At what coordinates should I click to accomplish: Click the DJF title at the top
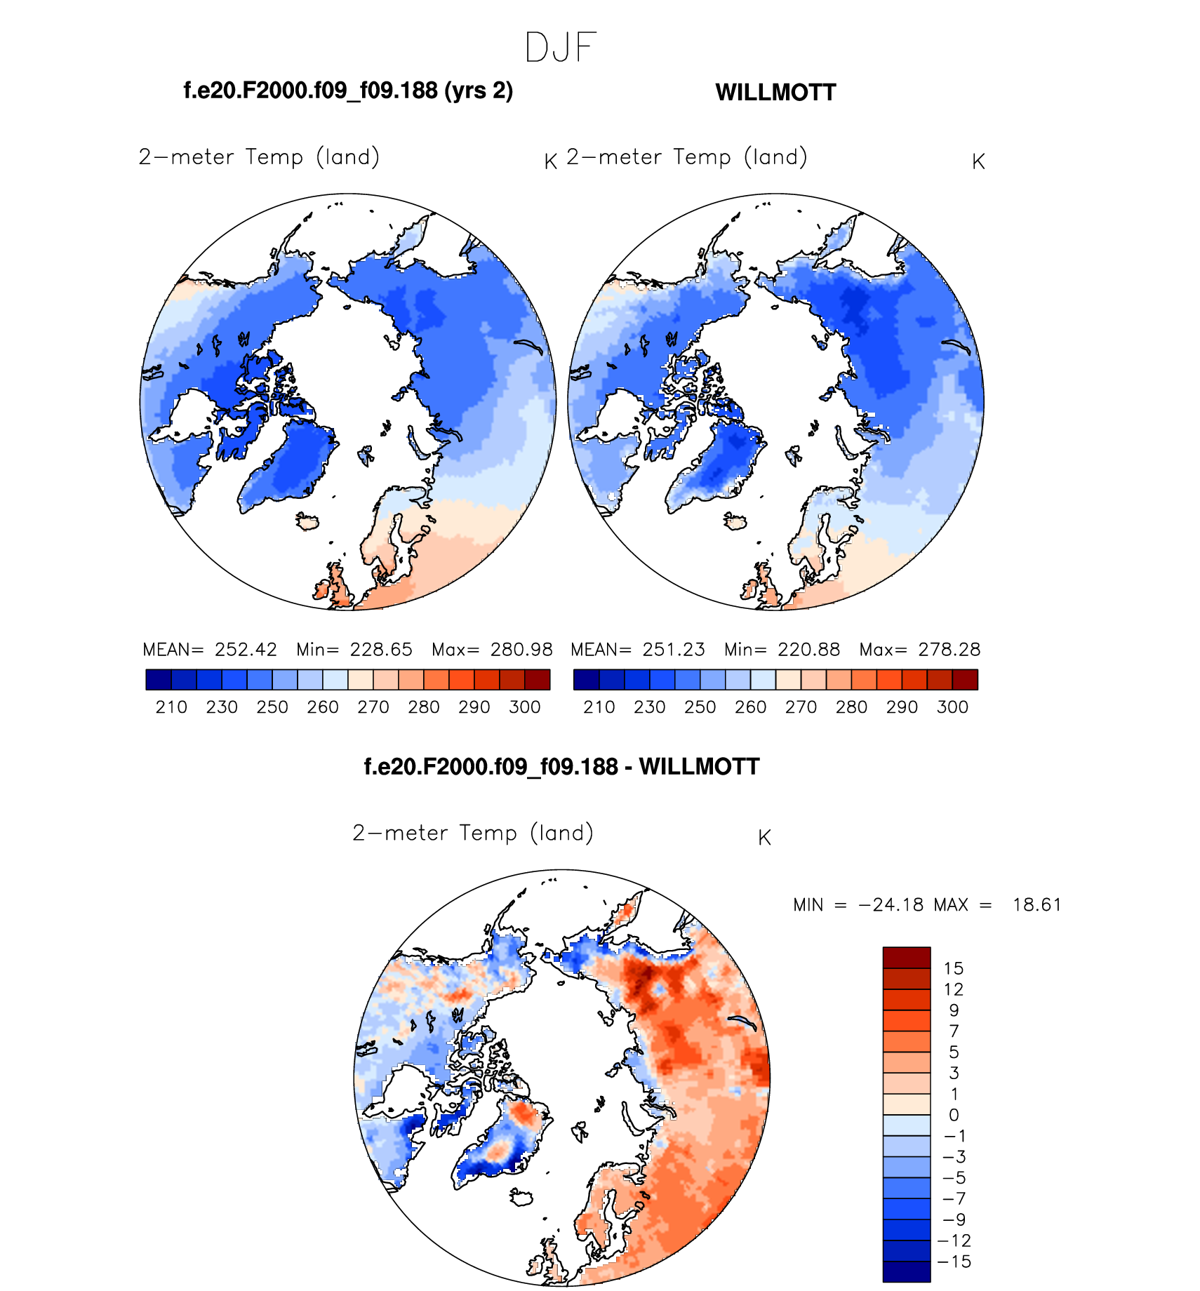point(560,48)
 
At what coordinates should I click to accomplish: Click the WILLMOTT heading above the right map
point(775,93)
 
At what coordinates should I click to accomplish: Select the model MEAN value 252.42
point(246,650)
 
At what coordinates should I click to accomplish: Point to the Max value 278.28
point(949,650)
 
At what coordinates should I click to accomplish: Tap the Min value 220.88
point(808,650)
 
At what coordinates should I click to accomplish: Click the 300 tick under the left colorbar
point(525,707)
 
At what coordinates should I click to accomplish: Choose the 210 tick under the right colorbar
point(599,707)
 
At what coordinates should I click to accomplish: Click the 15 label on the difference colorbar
point(954,969)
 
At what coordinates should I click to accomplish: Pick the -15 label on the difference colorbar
point(954,1262)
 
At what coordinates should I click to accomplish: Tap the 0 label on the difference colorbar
point(954,1116)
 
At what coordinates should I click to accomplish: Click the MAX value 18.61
point(1036,905)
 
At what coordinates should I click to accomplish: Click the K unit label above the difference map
point(765,838)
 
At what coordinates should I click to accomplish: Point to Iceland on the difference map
point(521,1198)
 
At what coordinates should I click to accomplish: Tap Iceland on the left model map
point(307,522)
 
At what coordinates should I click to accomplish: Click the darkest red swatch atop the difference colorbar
point(907,958)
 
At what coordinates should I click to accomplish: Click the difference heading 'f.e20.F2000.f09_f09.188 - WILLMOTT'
point(561,767)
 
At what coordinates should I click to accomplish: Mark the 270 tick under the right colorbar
point(801,707)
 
